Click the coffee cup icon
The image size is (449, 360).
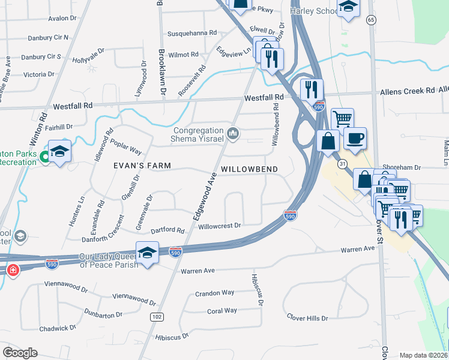355,137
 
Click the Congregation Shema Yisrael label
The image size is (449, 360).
198,135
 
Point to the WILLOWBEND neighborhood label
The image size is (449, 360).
249,169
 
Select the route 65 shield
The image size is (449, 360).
371,20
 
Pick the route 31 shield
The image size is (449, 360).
342,164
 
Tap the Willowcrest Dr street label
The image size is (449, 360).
219,226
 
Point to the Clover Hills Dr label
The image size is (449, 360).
307,317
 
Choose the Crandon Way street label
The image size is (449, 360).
214,293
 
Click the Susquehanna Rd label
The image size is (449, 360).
191,32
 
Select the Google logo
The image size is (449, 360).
20,353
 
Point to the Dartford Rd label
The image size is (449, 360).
167,230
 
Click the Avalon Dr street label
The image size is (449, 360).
62,18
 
